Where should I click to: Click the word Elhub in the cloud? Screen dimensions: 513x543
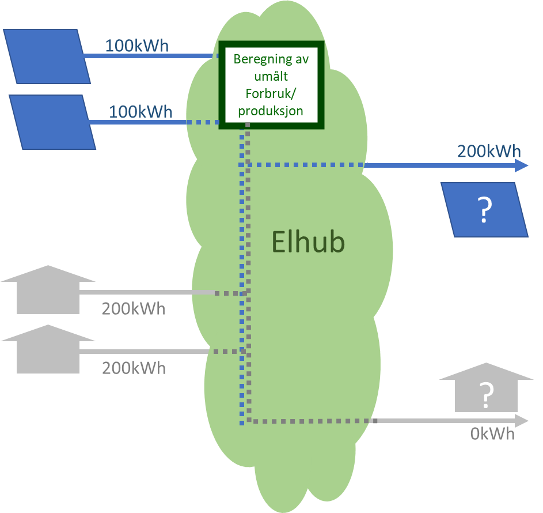click(308, 242)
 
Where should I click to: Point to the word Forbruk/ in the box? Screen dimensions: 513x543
click(271, 93)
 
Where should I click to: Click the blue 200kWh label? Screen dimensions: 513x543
click(489, 152)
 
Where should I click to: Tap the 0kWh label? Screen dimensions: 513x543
click(492, 433)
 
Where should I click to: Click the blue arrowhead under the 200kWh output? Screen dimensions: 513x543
click(521, 166)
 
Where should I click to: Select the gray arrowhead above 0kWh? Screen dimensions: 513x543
click(522, 421)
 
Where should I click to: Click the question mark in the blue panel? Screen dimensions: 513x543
click(484, 211)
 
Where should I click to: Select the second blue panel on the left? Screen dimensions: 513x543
click(52, 122)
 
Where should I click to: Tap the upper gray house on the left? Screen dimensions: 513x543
click(48, 290)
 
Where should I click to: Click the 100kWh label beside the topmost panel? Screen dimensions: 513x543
click(136, 46)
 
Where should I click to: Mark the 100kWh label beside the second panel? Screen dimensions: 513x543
click(141, 112)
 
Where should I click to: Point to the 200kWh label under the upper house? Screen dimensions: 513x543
click(134, 309)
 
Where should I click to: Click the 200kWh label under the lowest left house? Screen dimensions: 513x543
click(134, 368)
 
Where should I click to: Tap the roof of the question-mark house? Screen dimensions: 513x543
click(487, 371)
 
